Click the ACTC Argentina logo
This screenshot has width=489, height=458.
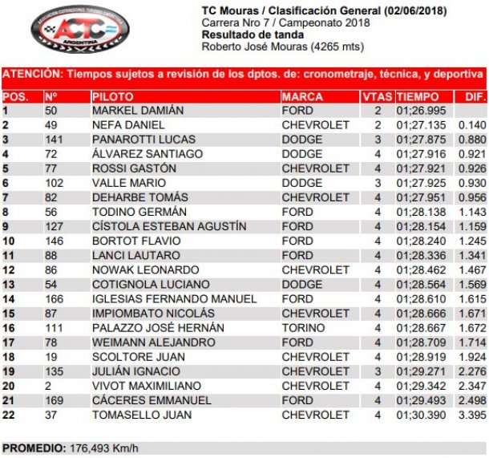79,30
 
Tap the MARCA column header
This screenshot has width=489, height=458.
303,96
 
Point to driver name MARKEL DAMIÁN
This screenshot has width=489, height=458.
138,111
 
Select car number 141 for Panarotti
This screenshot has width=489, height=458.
55,140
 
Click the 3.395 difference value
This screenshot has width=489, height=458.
471,415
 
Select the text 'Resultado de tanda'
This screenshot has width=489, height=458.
253,34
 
